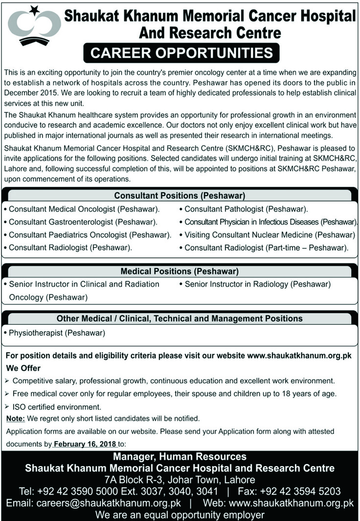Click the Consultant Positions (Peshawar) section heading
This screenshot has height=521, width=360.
pyautogui.click(x=180, y=196)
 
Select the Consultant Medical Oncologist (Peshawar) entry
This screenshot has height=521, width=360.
pyautogui.click(x=84, y=209)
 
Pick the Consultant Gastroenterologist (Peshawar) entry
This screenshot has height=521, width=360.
pyautogui.click(x=83, y=222)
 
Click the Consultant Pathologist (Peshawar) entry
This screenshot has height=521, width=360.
pyautogui.click(x=246, y=209)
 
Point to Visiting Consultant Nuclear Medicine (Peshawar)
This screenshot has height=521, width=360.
pyautogui.click(x=270, y=235)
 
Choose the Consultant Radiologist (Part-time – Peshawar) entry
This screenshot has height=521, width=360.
pyautogui.click(x=266, y=248)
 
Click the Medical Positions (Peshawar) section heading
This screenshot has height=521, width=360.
pyautogui.click(x=180, y=271)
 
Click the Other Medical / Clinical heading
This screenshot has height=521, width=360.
pyautogui.click(x=180, y=318)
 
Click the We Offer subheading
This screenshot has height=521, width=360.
pyautogui.click(x=23, y=368)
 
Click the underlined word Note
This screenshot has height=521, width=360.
pyautogui.click(x=15, y=418)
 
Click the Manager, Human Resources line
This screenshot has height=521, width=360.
pyautogui.click(x=180, y=457)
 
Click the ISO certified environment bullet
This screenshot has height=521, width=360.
pyautogui.click(x=57, y=406)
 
